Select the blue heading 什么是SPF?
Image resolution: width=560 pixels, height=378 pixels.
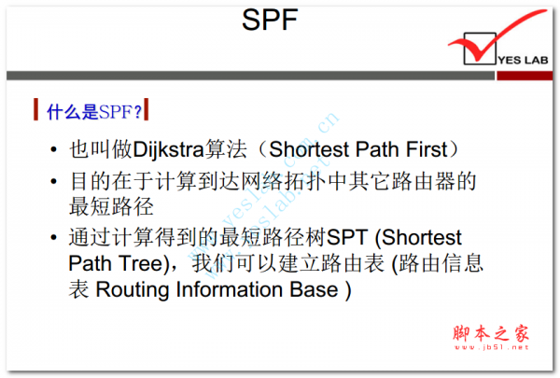pos(93,113)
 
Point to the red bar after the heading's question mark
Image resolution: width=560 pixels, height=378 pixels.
pos(148,113)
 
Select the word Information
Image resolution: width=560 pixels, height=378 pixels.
pos(231,289)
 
